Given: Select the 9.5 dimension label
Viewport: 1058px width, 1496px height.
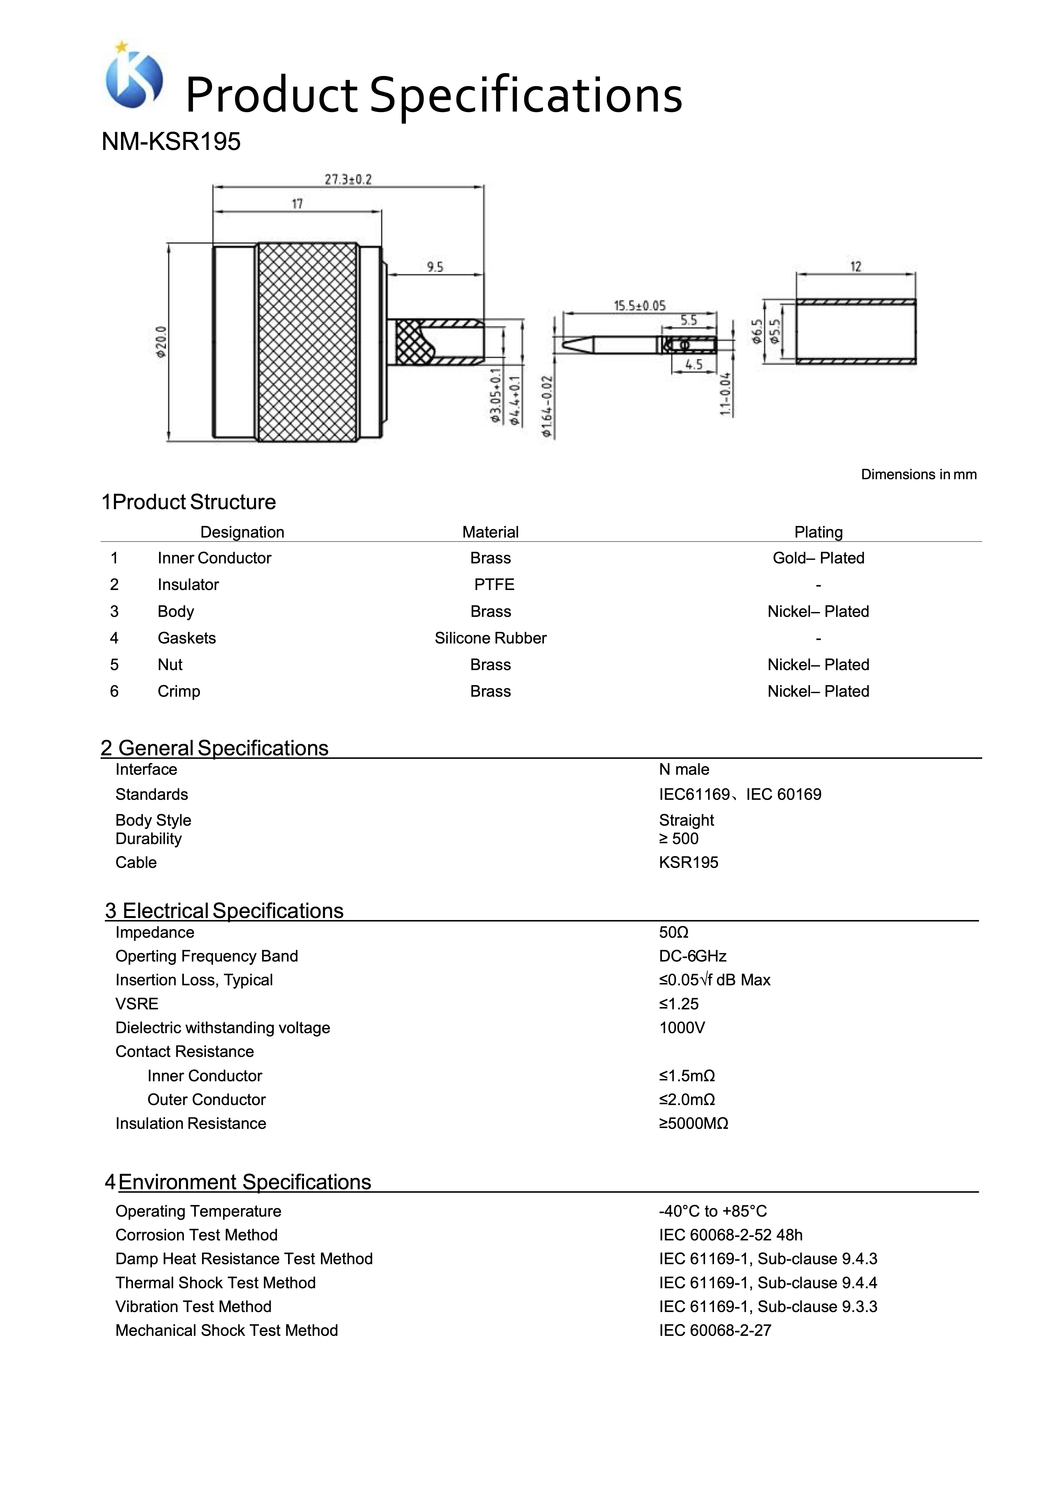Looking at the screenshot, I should [x=434, y=267].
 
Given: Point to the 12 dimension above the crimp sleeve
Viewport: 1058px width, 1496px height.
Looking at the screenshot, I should [x=855, y=267].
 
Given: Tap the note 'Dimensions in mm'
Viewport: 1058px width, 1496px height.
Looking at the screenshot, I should [x=919, y=474].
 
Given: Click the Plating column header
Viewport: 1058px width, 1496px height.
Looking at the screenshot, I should [x=818, y=532].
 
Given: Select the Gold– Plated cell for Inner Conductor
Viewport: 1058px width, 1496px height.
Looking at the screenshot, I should [x=818, y=558].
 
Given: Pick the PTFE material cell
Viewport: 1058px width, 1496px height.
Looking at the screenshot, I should [x=494, y=585].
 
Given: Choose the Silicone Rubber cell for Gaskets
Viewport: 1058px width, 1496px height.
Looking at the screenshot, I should [x=490, y=639].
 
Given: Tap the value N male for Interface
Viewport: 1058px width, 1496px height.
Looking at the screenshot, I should [x=684, y=770].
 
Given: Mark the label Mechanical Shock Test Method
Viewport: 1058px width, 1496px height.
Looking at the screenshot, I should [x=227, y=1330].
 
